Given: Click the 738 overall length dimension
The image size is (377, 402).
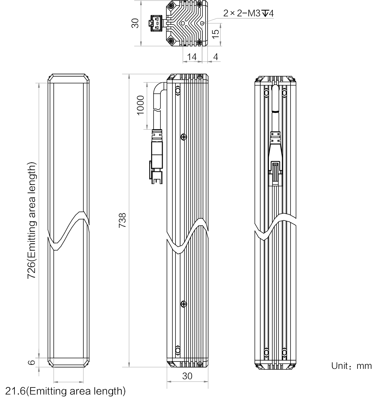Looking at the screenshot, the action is point(122,220).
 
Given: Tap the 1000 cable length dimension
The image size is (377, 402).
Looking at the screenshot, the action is point(140,105).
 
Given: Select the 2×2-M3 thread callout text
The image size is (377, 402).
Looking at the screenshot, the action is point(248,13).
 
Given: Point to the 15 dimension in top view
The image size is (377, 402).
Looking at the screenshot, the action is point(215,33).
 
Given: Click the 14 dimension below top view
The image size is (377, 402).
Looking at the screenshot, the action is point(192,57).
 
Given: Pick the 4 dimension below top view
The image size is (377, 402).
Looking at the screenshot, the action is point(216,57).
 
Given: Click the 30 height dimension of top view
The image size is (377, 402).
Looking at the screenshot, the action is point(135,23).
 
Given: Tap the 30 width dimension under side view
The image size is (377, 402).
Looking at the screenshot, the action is point(187,376).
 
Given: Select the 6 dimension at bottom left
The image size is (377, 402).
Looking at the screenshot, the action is point(31,362).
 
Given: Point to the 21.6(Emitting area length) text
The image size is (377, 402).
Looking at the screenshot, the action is point(65,391).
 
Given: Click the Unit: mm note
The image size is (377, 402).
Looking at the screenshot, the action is point(351,366).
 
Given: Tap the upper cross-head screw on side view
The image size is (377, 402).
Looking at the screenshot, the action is point(184,137).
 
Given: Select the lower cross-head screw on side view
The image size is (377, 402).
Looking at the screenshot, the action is point(184,304).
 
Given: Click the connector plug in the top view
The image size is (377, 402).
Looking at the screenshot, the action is point(156,23).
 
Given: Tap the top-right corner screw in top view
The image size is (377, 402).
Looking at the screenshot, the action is point(199,5).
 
